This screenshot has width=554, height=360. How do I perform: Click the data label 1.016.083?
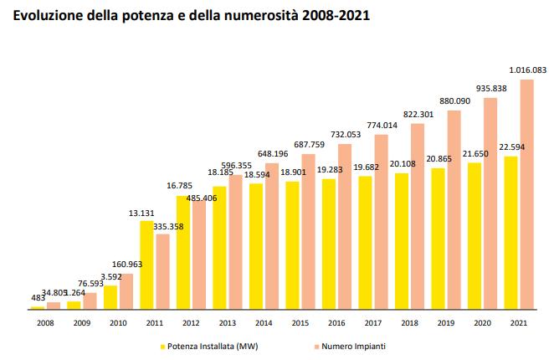coord(527,71)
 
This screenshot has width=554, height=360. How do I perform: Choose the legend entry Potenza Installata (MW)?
coord(210,344)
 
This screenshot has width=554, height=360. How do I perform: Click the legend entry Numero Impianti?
coord(357,344)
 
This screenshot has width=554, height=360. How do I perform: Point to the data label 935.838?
coord(491,88)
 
